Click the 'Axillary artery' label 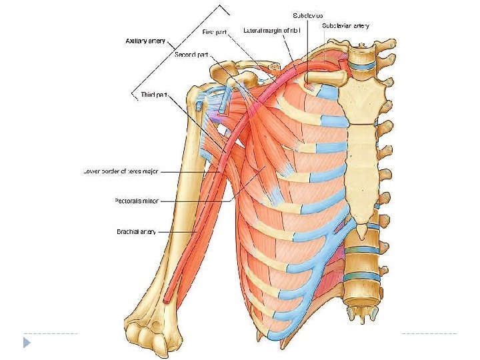pos(146,41)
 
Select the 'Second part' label pos(189,54)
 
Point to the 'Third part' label pos(153,95)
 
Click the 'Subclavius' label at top pos(307,15)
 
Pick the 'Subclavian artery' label pos(345,25)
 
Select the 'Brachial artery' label pos(136,232)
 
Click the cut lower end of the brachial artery pos(167,301)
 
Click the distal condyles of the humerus pos(152,337)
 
